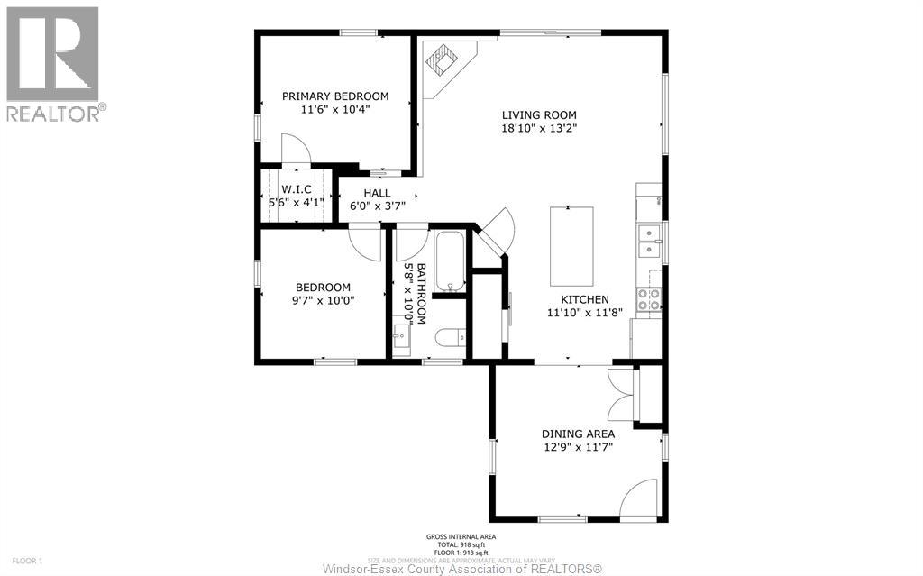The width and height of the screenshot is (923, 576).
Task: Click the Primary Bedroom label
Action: coord(335,96)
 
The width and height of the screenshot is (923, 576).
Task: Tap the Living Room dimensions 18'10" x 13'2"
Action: coord(539,128)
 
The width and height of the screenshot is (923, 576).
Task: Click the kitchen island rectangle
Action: coord(572,244)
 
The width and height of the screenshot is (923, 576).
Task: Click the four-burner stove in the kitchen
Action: coord(648,299)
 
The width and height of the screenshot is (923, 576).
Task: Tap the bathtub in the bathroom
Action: coord(449,261)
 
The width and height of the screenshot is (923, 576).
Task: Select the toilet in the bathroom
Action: coord(450,338)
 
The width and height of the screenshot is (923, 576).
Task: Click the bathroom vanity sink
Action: coord(402,339)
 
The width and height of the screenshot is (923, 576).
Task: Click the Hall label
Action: coord(377,193)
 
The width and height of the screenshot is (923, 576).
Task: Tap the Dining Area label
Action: coord(578,434)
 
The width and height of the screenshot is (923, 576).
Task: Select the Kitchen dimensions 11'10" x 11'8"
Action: coord(584,314)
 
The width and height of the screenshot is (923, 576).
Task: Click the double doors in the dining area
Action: coord(621,394)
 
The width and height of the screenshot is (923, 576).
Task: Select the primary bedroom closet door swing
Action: coord(296,150)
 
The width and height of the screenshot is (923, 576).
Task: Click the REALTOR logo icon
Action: coord(52,54)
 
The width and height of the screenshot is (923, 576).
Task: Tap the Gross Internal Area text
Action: coord(461,537)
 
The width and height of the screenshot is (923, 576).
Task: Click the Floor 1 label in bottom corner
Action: coord(28,561)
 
